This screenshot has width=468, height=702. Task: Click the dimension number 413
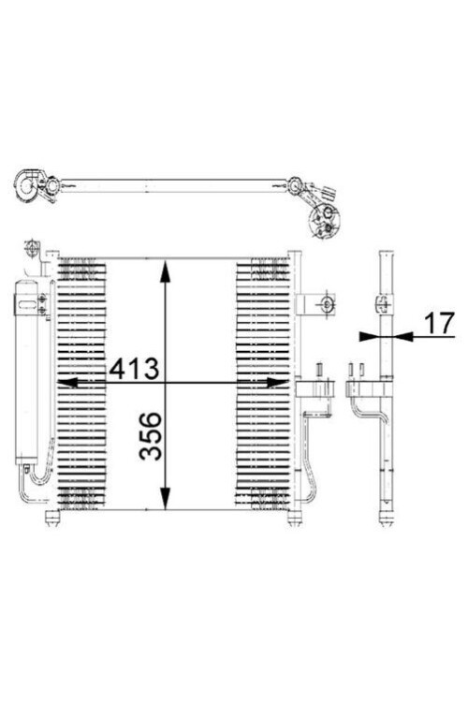point(135,369)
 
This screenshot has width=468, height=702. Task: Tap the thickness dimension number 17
point(436,323)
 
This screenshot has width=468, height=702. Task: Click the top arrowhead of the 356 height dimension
point(166,271)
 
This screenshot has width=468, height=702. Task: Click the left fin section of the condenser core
point(82,384)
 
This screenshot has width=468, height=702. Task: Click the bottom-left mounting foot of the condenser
point(53,517)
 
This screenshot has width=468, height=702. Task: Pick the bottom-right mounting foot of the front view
point(294,517)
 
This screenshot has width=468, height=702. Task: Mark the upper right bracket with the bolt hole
point(319,304)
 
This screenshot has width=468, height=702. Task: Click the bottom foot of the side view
point(386,518)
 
